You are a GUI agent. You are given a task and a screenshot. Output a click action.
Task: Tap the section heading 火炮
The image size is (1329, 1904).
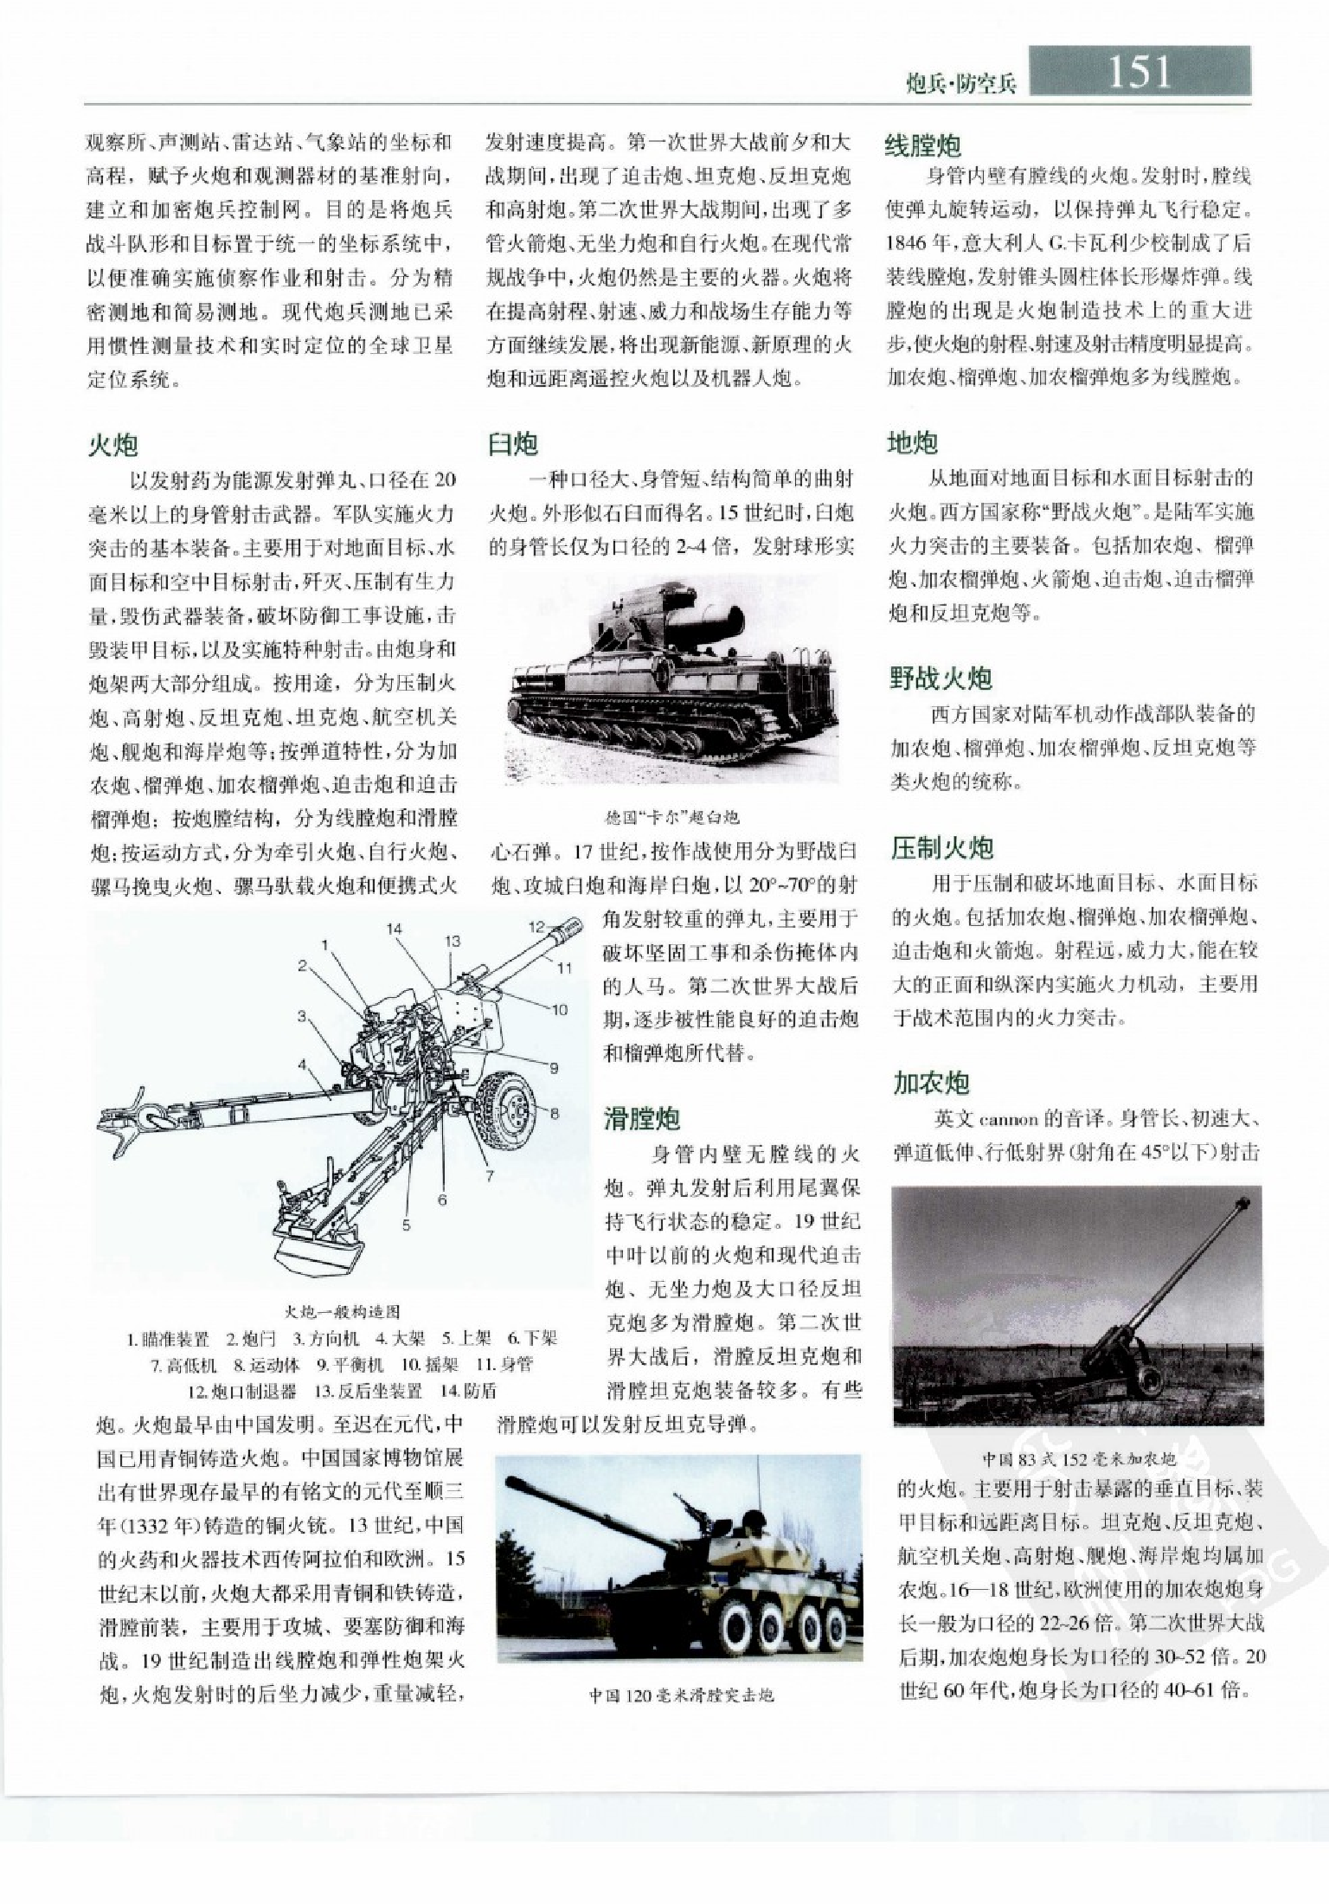point(113,445)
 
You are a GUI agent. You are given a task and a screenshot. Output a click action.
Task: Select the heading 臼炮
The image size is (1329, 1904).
point(513,444)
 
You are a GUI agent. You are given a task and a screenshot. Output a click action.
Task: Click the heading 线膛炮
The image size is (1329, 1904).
point(922,145)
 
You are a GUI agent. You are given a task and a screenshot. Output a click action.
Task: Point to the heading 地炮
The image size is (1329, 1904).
point(913,443)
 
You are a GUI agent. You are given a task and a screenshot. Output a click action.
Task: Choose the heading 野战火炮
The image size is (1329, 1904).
point(941,679)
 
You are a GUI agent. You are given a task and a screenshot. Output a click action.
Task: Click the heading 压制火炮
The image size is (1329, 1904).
point(942,847)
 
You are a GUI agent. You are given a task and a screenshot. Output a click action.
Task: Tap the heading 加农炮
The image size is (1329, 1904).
point(932,1083)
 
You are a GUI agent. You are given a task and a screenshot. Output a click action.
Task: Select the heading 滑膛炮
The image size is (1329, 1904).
point(642,1119)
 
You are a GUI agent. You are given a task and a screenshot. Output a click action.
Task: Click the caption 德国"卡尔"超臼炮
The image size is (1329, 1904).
point(672,816)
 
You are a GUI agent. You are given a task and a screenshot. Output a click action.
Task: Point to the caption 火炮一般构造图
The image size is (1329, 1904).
point(343,1311)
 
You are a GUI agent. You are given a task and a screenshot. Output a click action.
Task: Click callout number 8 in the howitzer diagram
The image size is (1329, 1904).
point(555,1113)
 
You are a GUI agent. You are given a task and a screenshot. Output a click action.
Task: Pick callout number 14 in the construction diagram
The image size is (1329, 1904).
point(395,929)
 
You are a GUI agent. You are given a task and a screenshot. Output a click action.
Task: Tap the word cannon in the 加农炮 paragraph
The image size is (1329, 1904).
point(1008,1119)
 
